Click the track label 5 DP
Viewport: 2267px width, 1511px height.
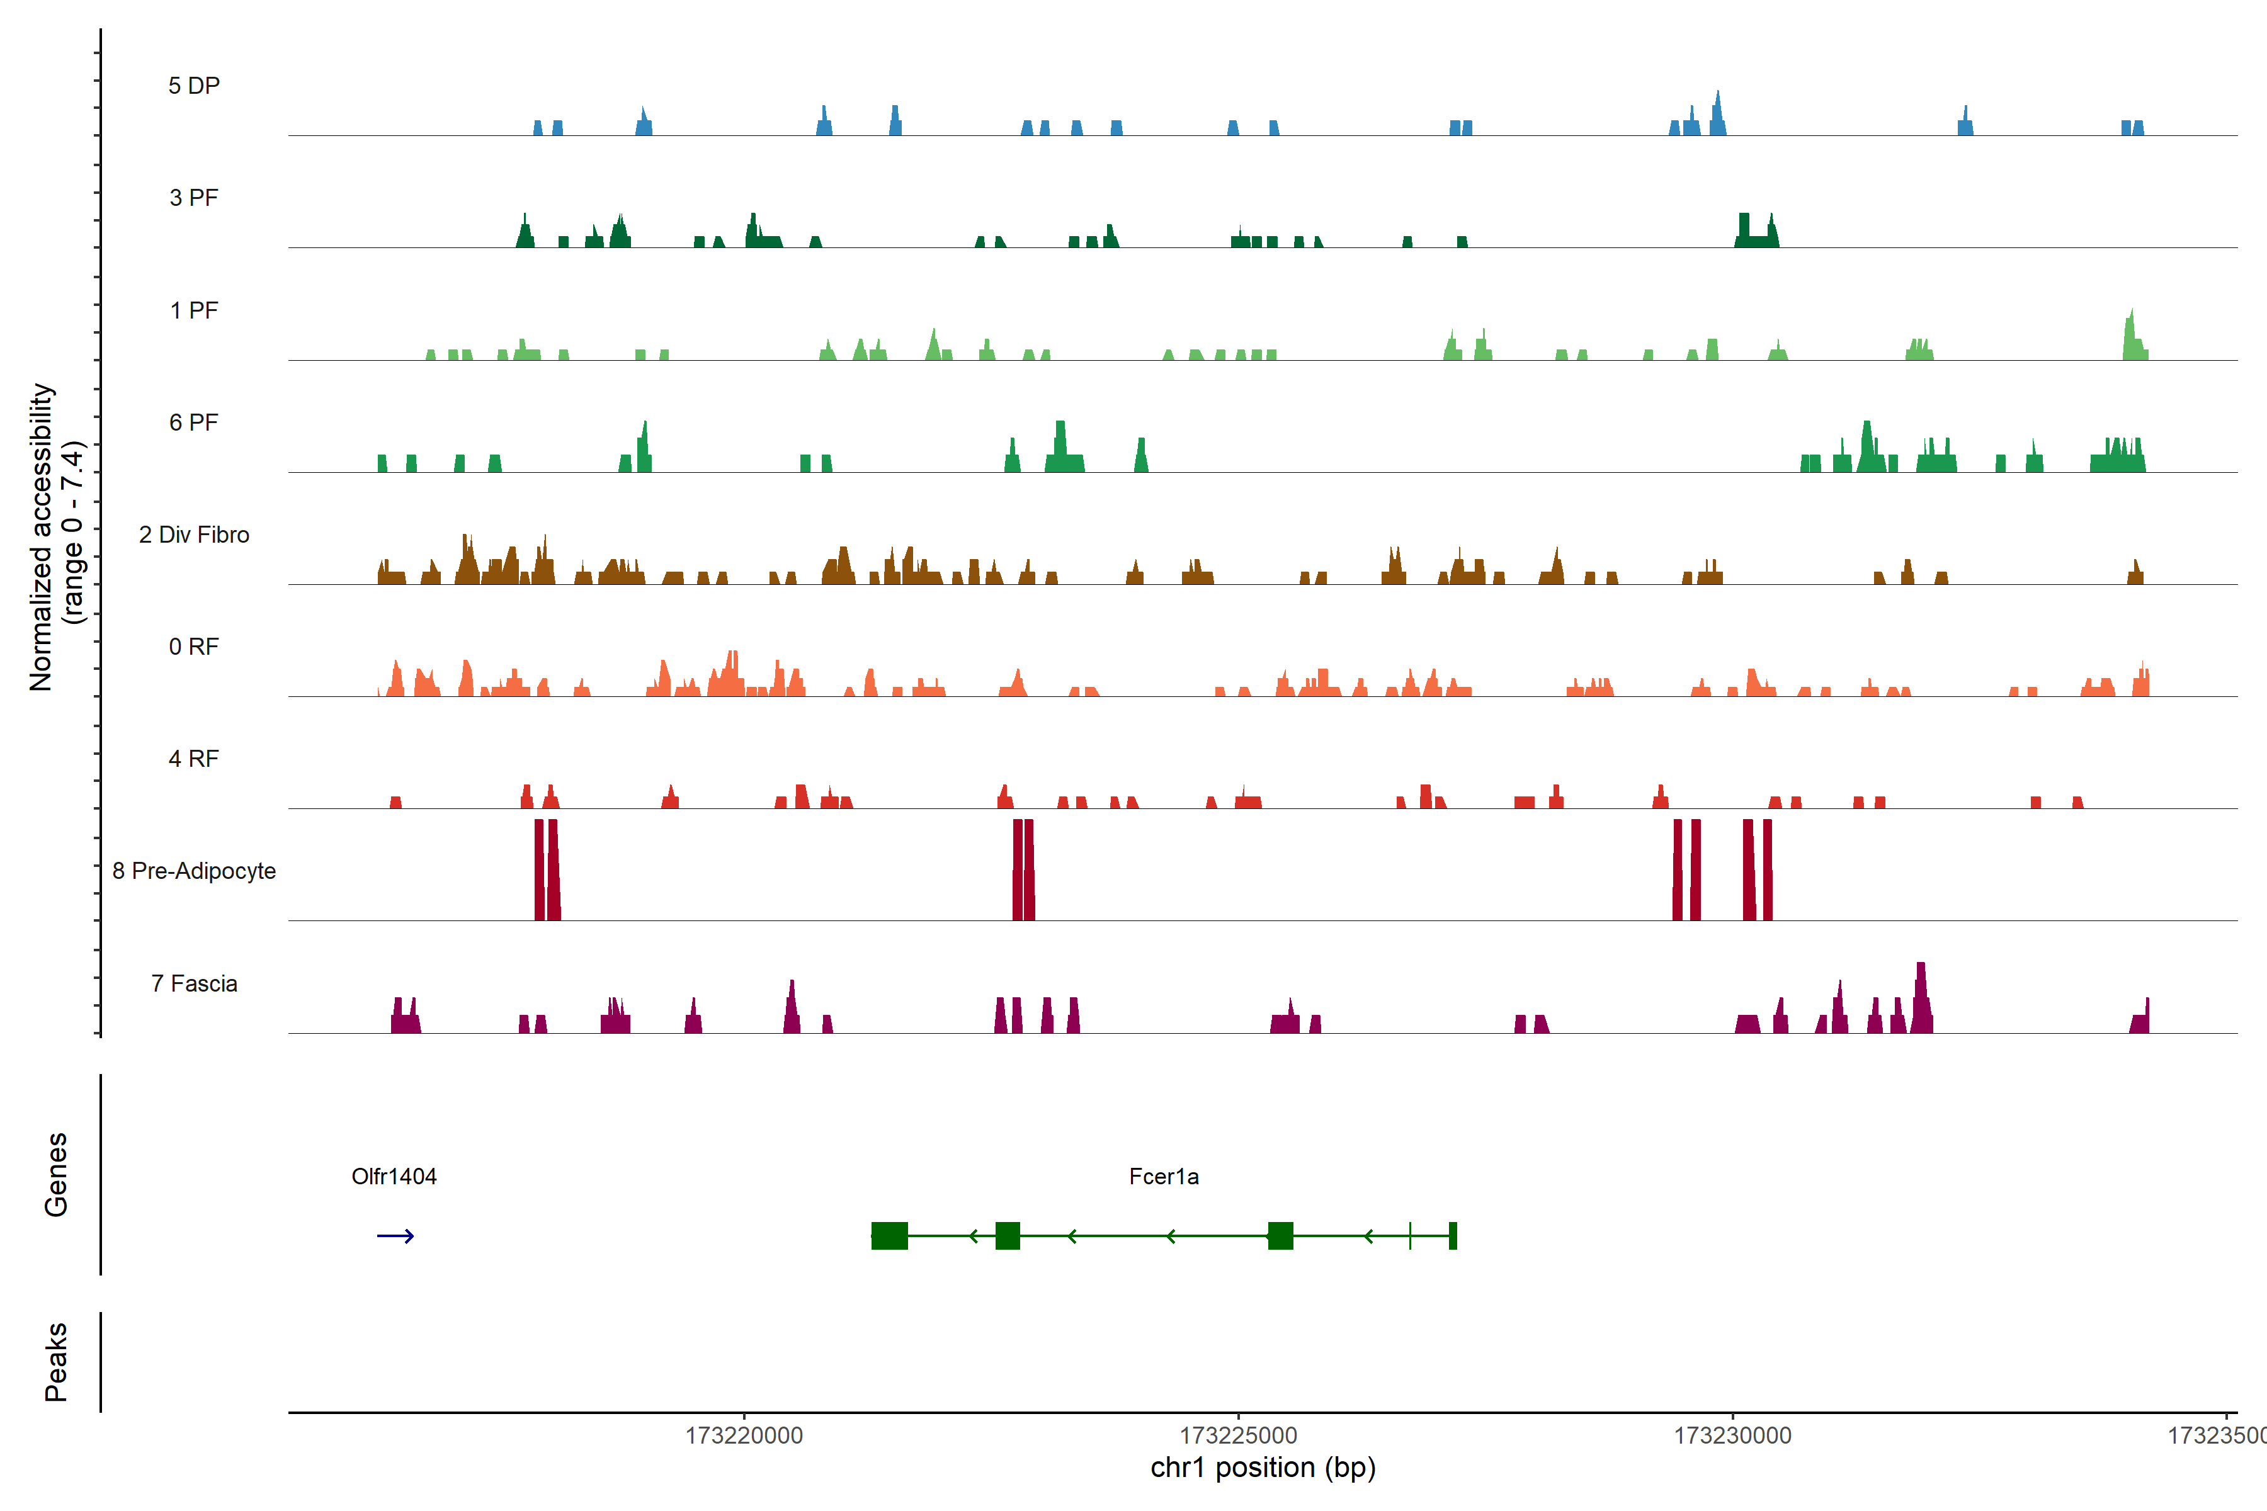(x=194, y=86)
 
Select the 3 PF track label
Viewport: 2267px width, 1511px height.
(x=194, y=198)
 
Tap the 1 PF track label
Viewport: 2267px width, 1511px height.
(x=194, y=310)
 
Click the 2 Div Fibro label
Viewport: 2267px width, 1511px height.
(x=194, y=535)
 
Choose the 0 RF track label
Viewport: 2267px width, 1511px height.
(x=194, y=647)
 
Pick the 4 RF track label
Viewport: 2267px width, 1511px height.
(x=194, y=759)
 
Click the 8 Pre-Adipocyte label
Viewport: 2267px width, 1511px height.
(x=194, y=871)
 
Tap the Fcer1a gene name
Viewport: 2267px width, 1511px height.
(x=1163, y=1177)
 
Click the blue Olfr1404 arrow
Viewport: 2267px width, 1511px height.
(x=395, y=1237)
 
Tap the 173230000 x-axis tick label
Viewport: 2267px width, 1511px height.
(x=1732, y=1436)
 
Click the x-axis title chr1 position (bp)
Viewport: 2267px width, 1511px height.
(x=1263, y=1468)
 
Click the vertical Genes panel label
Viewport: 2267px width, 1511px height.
(x=56, y=1175)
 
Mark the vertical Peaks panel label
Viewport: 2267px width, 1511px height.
(x=56, y=1362)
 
